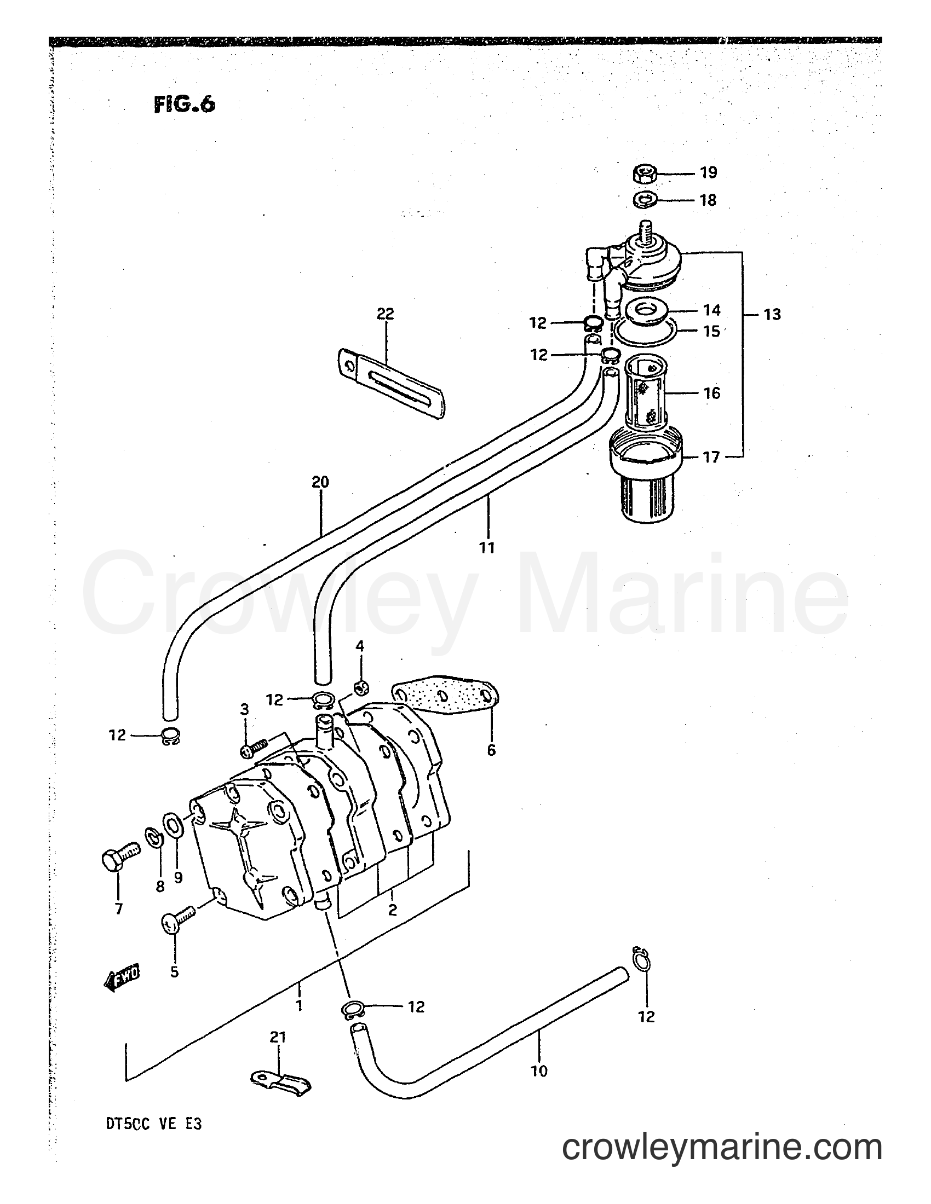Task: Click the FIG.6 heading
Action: (184, 104)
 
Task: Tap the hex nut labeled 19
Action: (643, 174)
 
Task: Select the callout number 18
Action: (708, 200)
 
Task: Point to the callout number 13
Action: (772, 315)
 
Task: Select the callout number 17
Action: (711, 457)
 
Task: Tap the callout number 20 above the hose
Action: (320, 482)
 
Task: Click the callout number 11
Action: (487, 547)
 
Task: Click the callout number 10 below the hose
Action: (539, 1070)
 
